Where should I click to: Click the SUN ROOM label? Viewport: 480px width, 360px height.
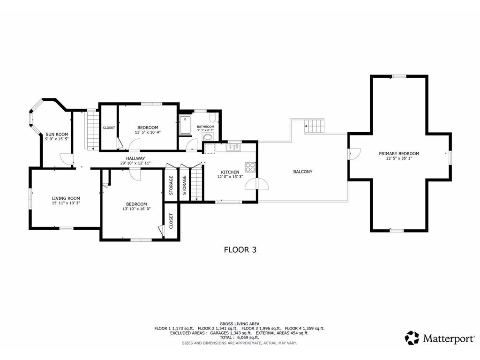[x=57, y=134]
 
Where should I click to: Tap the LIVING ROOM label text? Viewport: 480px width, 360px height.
[x=66, y=198]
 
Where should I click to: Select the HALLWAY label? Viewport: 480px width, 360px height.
[x=135, y=158]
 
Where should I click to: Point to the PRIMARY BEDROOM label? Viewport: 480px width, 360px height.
[x=399, y=153]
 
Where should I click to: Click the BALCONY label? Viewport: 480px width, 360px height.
[x=302, y=172]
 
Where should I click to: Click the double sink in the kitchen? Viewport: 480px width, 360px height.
[x=233, y=148]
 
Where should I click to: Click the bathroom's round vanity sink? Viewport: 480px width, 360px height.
[x=207, y=137]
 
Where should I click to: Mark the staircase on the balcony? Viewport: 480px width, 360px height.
[x=315, y=126]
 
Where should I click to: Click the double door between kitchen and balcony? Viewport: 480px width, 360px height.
[x=257, y=183]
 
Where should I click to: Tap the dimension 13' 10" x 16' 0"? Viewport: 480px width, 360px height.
[x=136, y=209]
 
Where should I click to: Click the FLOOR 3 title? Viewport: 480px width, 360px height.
[x=240, y=250]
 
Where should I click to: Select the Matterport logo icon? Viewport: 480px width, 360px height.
[x=412, y=338]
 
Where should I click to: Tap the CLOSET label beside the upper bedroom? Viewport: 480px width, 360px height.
[x=109, y=127]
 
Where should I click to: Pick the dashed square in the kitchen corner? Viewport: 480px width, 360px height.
[x=210, y=148]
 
